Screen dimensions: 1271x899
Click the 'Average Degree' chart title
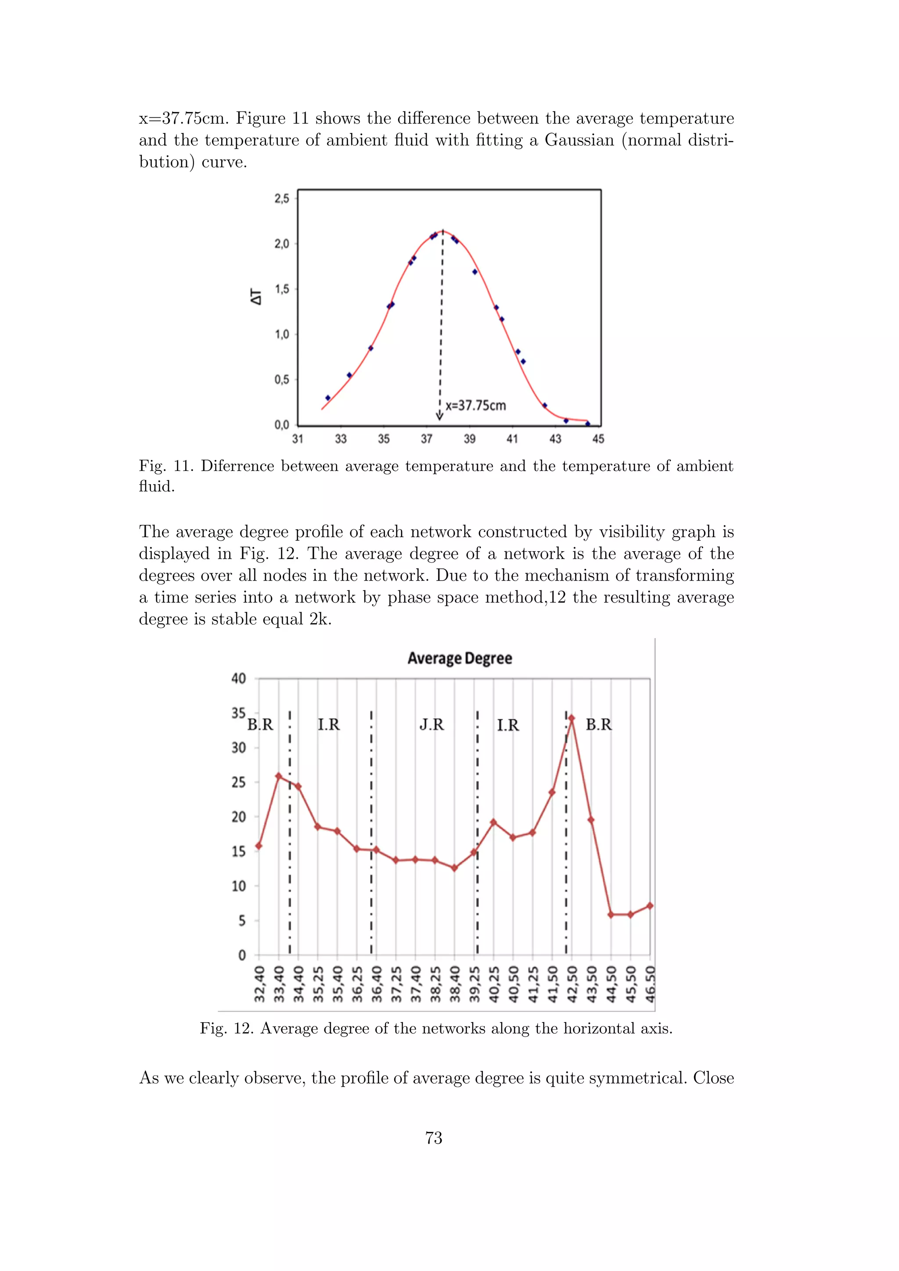tap(460, 658)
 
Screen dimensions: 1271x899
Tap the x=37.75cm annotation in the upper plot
tap(475, 406)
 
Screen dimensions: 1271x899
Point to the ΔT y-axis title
tap(256, 297)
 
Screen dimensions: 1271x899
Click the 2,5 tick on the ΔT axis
tap(282, 199)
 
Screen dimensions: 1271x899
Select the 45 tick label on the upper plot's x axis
tap(598, 439)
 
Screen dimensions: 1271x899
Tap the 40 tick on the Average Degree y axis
tap(239, 679)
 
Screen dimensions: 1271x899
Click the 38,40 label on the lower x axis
tap(455, 985)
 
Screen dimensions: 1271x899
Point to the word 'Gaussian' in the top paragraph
tap(579, 140)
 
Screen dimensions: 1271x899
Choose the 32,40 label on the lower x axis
tap(259, 985)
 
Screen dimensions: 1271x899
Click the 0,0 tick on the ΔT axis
tap(282, 425)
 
